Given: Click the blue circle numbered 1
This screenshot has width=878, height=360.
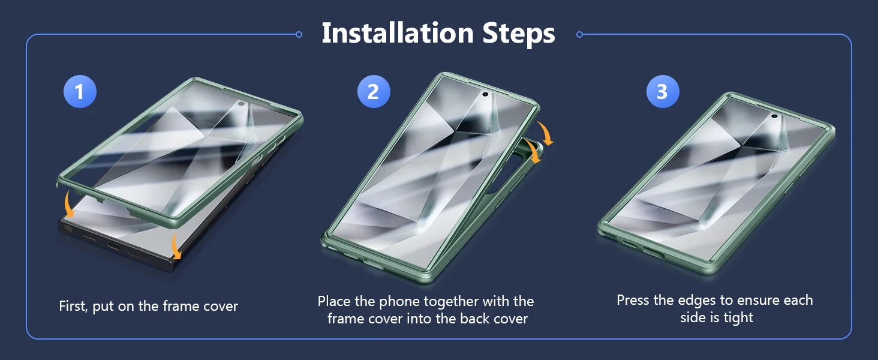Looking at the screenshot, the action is point(80,91).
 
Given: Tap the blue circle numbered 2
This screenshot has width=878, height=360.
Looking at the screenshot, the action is point(374,91).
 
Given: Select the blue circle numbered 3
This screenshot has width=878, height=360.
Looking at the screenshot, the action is point(663,91).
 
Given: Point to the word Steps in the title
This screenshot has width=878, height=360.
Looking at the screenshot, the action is point(519,35).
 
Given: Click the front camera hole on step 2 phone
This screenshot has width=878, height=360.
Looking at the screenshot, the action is point(485,94).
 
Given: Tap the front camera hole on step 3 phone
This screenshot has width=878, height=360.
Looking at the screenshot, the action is point(774,116).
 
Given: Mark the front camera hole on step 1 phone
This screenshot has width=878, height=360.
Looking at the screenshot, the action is point(242,104).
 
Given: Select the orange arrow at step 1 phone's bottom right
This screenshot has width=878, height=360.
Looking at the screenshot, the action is point(176,246).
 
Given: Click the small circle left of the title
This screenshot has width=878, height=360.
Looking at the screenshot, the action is point(299,35).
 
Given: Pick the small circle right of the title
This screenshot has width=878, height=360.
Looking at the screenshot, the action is point(579,35).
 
